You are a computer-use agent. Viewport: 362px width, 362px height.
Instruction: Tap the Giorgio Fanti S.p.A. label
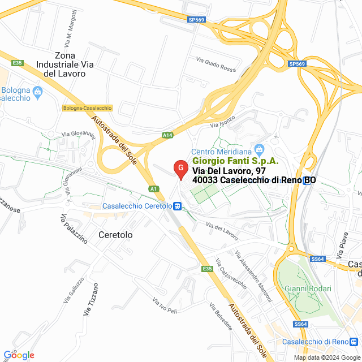point(228,161)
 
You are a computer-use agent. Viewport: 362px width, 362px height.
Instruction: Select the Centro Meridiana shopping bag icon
point(260,150)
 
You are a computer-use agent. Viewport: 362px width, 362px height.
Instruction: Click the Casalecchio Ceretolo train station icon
point(178,206)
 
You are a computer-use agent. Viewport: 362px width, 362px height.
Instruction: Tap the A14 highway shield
point(167,135)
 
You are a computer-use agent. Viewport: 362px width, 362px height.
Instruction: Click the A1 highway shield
point(153,188)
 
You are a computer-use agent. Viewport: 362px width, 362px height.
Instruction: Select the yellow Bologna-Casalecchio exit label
point(88,108)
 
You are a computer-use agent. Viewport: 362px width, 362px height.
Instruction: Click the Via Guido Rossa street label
point(216,64)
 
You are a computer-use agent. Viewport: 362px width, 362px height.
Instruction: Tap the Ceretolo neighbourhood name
point(115,234)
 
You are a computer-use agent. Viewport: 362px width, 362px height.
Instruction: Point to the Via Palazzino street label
point(74,228)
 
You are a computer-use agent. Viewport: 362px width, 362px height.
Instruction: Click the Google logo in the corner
point(19,355)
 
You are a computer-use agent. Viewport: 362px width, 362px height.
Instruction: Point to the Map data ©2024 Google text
point(326,357)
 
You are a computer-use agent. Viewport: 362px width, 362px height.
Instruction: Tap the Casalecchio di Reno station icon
point(354,342)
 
